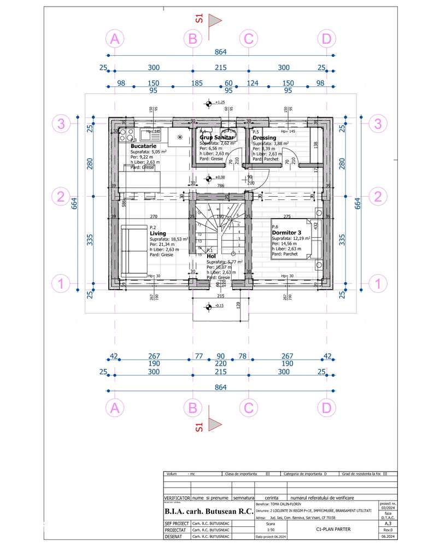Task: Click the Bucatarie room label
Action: (144, 146)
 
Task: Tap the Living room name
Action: (157, 233)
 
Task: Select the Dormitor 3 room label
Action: (287, 232)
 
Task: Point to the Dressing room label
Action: (264, 138)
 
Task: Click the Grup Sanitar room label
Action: (216, 138)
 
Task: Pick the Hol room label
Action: (211, 255)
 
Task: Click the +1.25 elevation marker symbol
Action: (208, 103)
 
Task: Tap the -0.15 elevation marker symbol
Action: (208, 306)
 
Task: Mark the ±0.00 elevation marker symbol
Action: (208, 178)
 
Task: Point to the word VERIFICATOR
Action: (177, 498)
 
